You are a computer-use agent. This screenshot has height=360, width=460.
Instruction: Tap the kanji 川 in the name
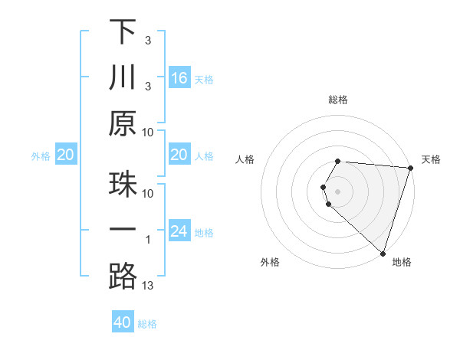click(x=123, y=77)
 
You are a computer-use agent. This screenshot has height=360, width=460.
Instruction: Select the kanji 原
click(x=123, y=124)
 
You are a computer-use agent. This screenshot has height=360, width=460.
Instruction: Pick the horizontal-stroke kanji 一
click(x=123, y=231)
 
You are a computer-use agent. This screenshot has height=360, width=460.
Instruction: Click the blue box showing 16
click(x=179, y=77)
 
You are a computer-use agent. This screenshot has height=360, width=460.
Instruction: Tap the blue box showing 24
click(x=179, y=231)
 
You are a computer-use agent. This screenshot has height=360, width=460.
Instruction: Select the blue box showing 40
click(x=123, y=322)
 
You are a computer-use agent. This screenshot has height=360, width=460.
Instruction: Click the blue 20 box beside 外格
click(x=66, y=155)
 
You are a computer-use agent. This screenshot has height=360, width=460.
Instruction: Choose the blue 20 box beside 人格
click(x=179, y=155)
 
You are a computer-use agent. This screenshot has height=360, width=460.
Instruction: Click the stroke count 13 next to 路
click(x=149, y=286)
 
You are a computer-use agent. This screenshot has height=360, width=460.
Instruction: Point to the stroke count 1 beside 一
click(x=149, y=240)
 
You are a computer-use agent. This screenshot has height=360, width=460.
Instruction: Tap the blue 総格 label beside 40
click(x=147, y=324)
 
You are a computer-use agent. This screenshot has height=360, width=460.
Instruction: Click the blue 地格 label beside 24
click(x=204, y=233)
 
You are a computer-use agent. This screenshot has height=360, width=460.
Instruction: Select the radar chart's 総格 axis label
click(x=338, y=100)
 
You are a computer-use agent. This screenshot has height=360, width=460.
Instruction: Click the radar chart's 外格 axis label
click(x=270, y=263)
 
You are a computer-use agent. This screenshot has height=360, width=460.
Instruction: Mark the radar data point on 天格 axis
click(x=411, y=169)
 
